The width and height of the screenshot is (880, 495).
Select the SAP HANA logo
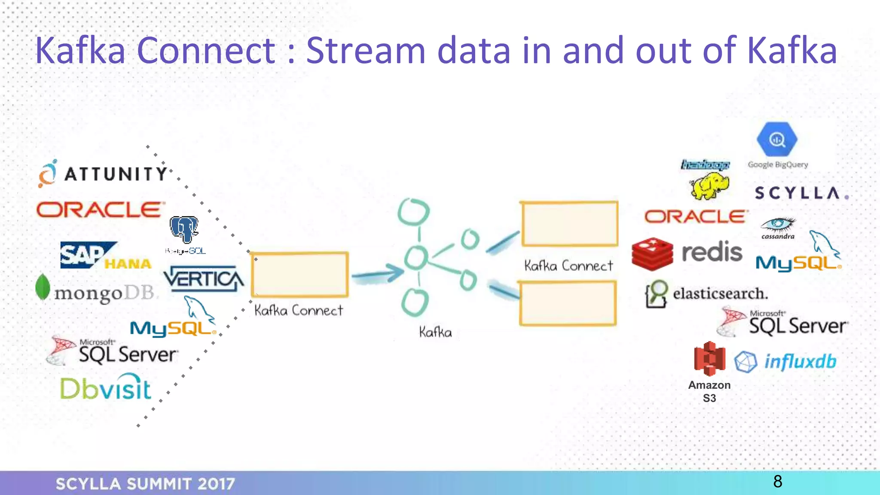tap(106, 255)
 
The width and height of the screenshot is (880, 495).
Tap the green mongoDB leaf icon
tap(43, 287)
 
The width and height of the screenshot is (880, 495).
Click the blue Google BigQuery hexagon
tap(777, 140)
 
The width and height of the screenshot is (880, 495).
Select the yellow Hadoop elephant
tap(709, 186)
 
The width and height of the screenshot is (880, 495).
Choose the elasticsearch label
tap(720, 294)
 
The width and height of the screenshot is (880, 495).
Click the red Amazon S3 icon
tap(709, 358)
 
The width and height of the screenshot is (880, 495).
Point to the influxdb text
tap(800, 362)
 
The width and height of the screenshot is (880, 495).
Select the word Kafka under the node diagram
tap(435, 332)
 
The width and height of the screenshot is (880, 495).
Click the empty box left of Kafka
tap(299, 275)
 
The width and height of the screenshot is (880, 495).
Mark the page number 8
tap(777, 482)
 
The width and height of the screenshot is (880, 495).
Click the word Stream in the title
tap(365, 51)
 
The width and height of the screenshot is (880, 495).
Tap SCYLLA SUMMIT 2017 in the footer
tap(145, 484)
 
